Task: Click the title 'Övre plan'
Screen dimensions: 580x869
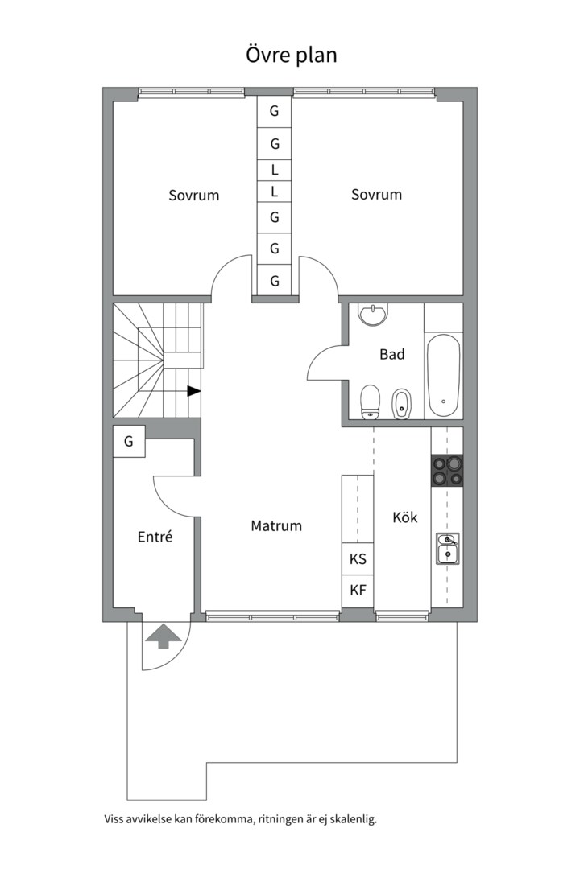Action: click(x=292, y=55)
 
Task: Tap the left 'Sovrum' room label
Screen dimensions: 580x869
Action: click(x=193, y=195)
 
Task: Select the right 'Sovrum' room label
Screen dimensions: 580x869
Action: click(x=376, y=195)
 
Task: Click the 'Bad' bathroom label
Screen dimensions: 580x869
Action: click(x=391, y=354)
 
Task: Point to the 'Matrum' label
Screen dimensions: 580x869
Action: click(x=276, y=525)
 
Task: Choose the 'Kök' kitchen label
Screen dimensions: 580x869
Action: click(x=405, y=517)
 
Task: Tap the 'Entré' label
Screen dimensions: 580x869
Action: click(x=155, y=537)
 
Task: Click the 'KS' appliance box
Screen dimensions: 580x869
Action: click(x=358, y=559)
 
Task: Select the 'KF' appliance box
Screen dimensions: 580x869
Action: click(x=358, y=591)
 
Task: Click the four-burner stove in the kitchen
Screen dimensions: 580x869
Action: click(x=447, y=471)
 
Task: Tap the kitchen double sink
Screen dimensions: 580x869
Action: click(x=447, y=548)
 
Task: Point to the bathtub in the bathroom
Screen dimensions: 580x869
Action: click(x=444, y=376)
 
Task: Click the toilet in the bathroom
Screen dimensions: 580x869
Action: click(x=370, y=402)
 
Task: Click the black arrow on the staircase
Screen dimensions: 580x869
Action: click(x=193, y=391)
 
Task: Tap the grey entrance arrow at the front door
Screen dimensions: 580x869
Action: click(x=164, y=636)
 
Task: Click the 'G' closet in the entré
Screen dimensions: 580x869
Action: click(x=129, y=441)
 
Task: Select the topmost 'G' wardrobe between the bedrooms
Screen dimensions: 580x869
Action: click(x=274, y=111)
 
